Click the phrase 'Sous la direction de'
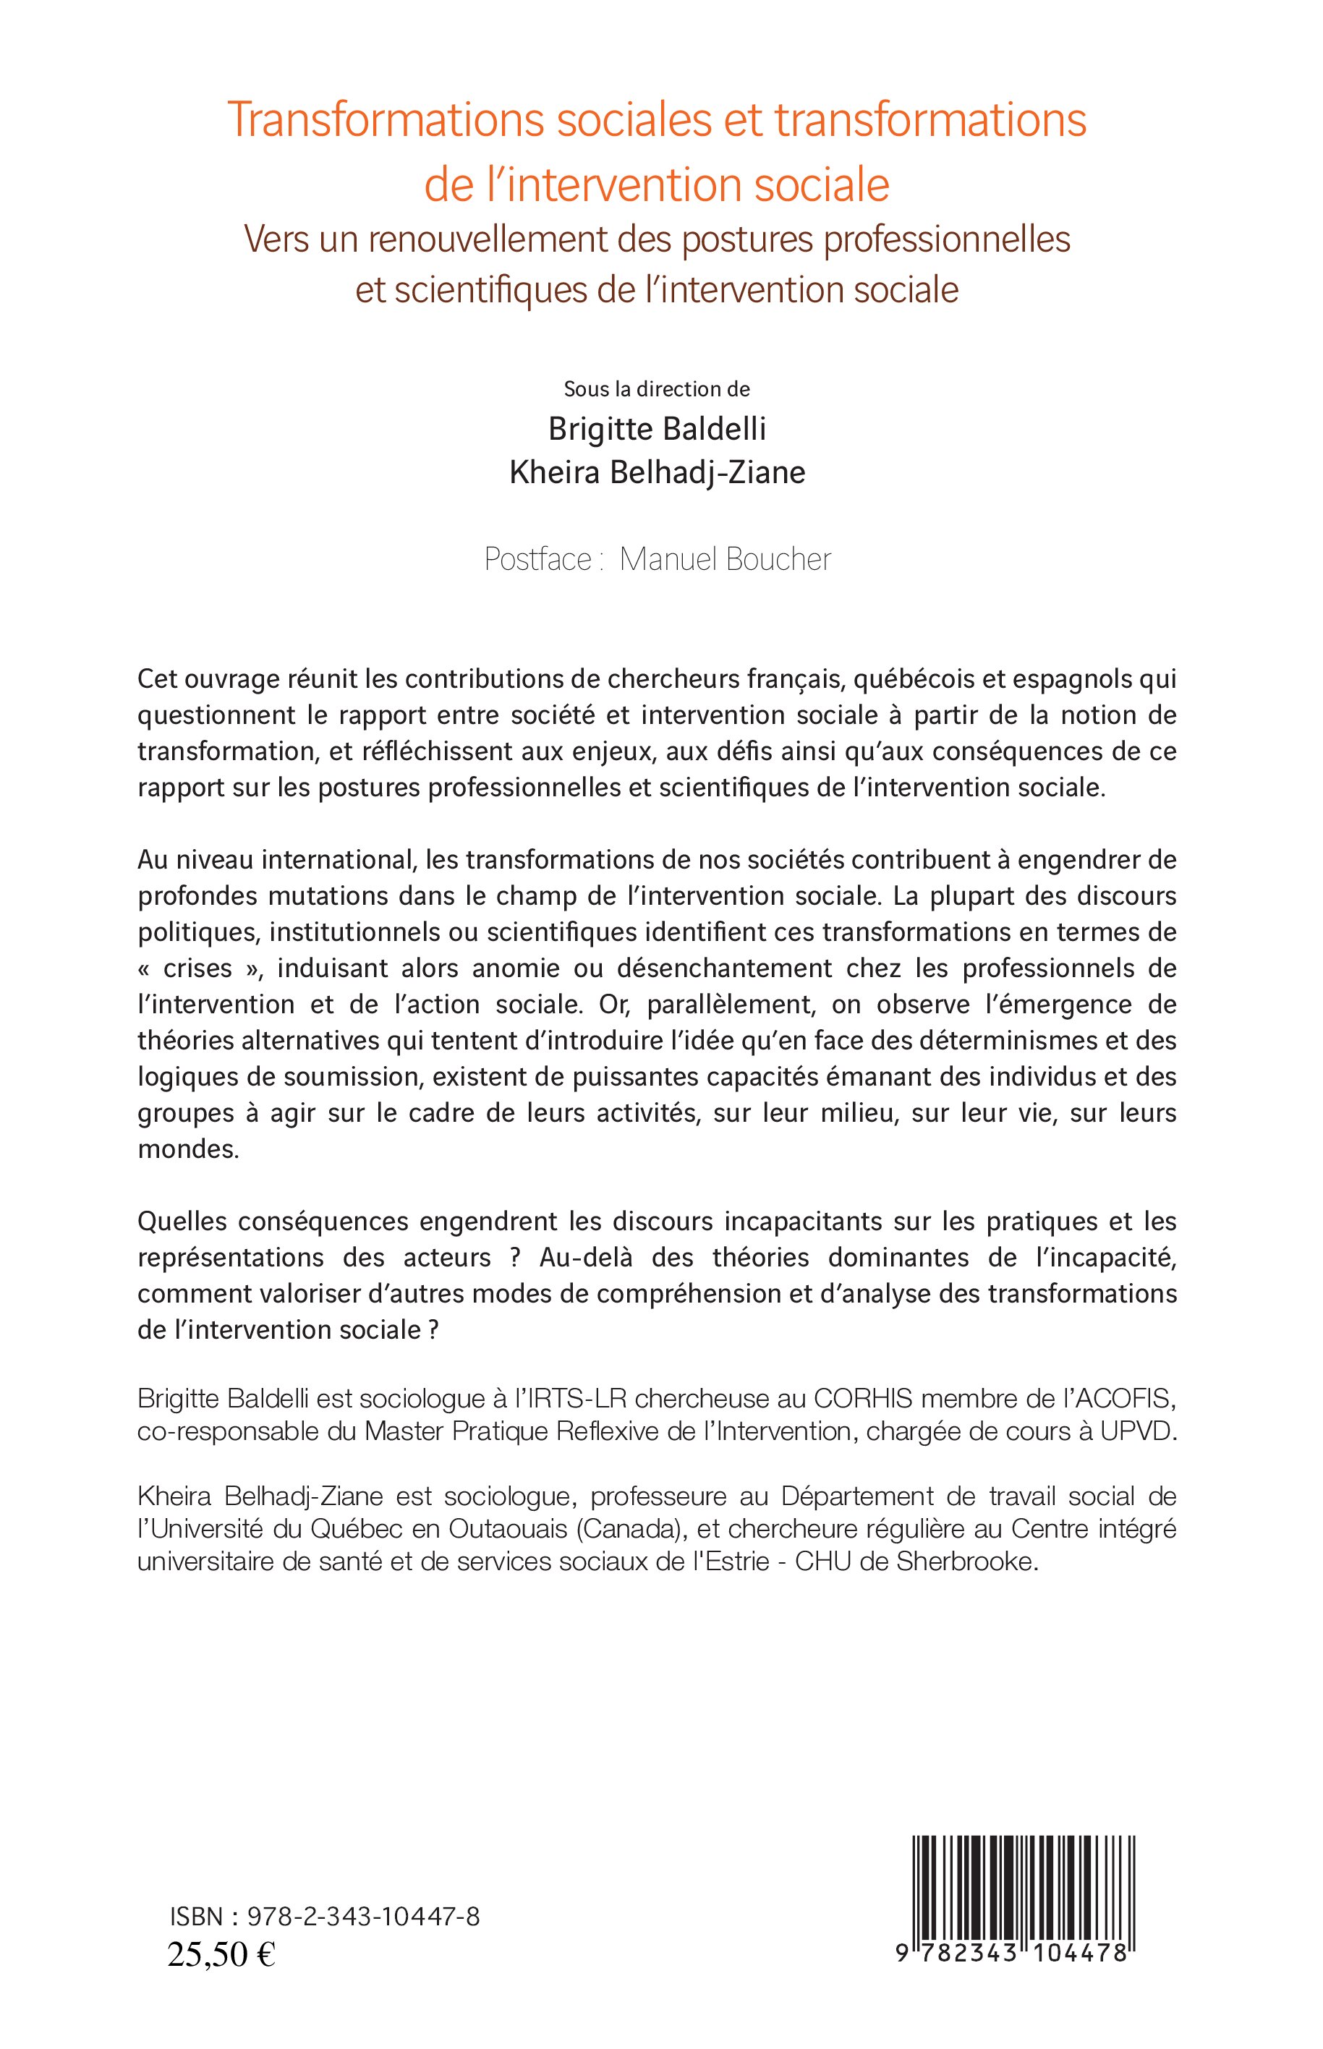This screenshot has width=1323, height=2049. click(x=656, y=389)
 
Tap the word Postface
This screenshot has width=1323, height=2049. click(x=537, y=560)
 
